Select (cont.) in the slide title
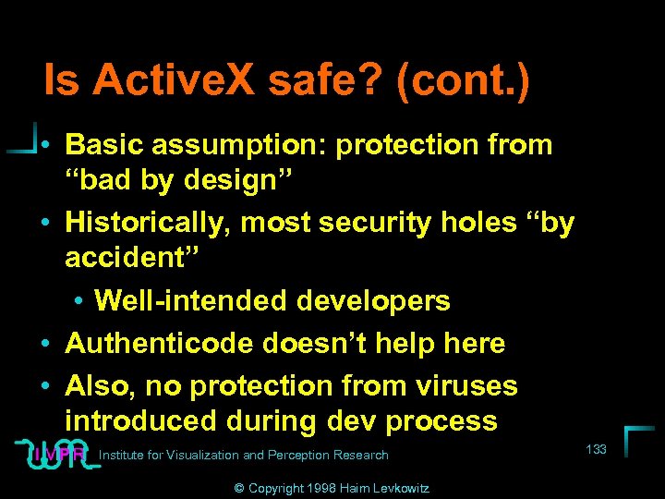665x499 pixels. tap(462, 80)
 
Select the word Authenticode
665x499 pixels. tap(163, 344)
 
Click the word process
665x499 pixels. tap(442, 420)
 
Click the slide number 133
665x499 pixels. tap(597, 449)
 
